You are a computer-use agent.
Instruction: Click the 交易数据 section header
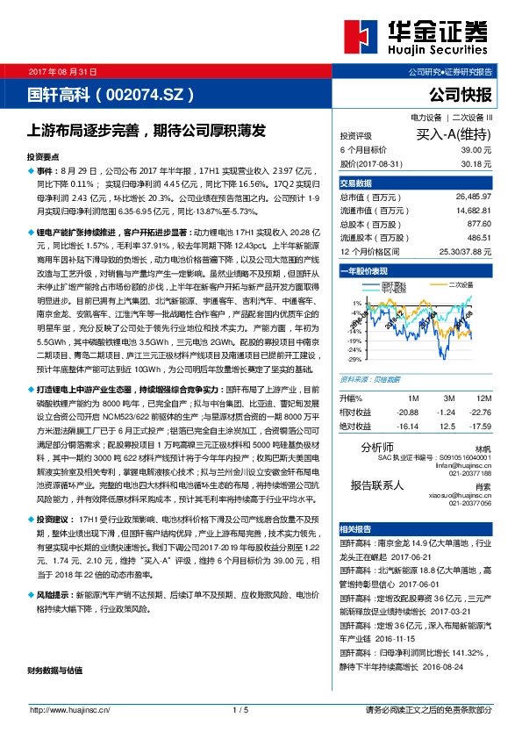(356, 183)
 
